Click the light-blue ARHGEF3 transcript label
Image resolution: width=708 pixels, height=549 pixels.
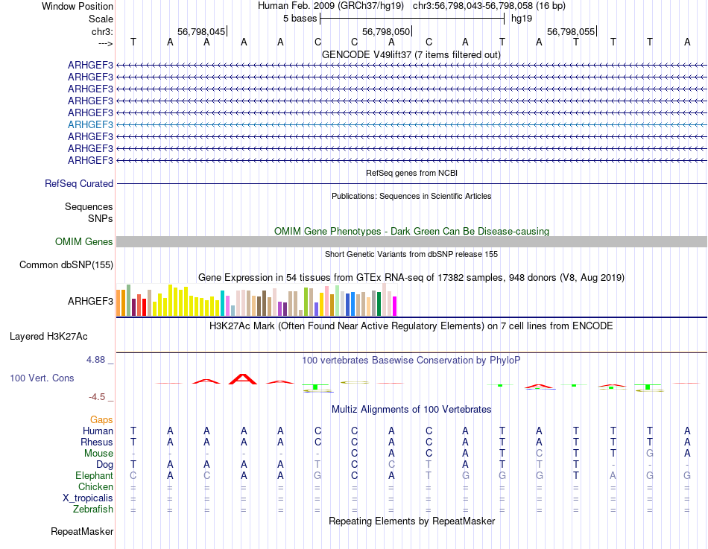pyautogui.click(x=90, y=124)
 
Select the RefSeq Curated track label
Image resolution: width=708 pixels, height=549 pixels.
pyautogui.click(x=79, y=183)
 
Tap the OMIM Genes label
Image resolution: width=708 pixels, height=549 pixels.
pyautogui.click(x=84, y=241)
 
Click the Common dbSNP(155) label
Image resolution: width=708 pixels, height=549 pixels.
pyautogui.click(x=66, y=264)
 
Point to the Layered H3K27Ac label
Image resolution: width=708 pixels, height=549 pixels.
pyautogui.click(x=61, y=336)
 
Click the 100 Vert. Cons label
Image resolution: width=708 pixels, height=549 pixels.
pyautogui.click(x=42, y=378)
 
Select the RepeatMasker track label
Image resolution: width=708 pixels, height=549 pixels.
pyautogui.click(x=82, y=532)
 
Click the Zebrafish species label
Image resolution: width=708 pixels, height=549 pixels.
pyautogui.click(x=93, y=510)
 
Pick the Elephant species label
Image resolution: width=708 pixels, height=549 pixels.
pyautogui.click(x=94, y=475)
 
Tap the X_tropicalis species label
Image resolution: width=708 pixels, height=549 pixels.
pyautogui.click(x=88, y=498)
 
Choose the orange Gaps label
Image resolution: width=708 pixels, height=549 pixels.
pyautogui.click(x=101, y=420)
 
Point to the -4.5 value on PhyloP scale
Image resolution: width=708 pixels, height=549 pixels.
pyautogui.click(x=99, y=397)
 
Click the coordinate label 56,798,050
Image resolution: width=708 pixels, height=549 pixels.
pyautogui.click(x=386, y=32)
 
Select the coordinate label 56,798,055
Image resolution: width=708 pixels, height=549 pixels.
pyautogui.click(x=571, y=32)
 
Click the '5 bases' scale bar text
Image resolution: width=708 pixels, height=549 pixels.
pyautogui.click(x=300, y=19)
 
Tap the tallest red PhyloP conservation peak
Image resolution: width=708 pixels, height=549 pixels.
pyautogui.click(x=243, y=378)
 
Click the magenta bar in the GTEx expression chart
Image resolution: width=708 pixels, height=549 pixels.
pyautogui.click(x=394, y=305)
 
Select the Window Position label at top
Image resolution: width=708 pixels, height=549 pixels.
pyautogui.click(x=78, y=6)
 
